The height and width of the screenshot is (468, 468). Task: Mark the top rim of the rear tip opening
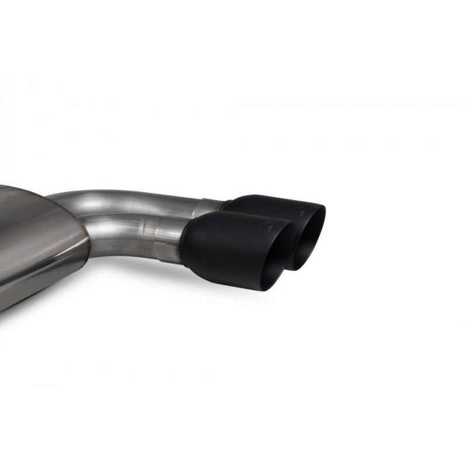point(316,206)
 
